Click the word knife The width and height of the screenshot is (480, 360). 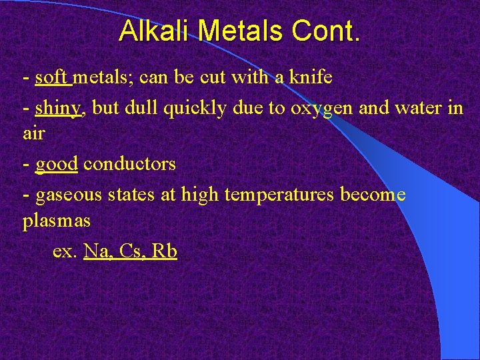[x=309, y=78]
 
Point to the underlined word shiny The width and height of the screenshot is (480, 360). [x=58, y=108]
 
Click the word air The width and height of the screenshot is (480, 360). [x=33, y=133]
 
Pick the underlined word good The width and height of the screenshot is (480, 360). [x=57, y=164]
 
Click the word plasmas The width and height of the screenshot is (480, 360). [x=56, y=221]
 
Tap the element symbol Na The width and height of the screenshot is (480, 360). [x=97, y=251]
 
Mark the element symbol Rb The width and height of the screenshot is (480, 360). [x=165, y=251]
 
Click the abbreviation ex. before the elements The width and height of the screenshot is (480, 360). [x=65, y=251]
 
